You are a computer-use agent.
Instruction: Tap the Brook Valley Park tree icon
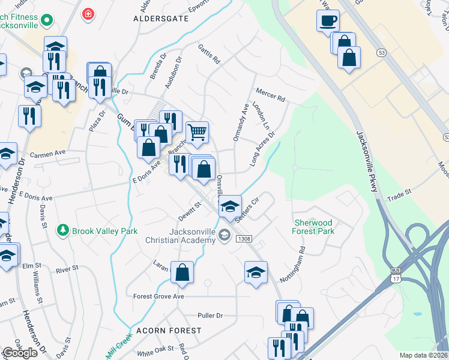[62, 230]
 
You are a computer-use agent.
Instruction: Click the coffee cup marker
[328, 21]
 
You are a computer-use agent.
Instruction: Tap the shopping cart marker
[197, 133]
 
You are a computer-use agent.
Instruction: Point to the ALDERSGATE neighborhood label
[161, 19]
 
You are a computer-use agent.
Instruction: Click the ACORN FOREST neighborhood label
[168, 331]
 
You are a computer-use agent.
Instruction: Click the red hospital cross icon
[89, 13]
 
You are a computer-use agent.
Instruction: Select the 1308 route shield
[244, 239]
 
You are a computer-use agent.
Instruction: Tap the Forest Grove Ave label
[158, 296]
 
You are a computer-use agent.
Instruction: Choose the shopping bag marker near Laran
[182, 272]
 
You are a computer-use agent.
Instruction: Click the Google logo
[20, 353]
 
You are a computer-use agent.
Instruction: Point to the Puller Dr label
[210, 315]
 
